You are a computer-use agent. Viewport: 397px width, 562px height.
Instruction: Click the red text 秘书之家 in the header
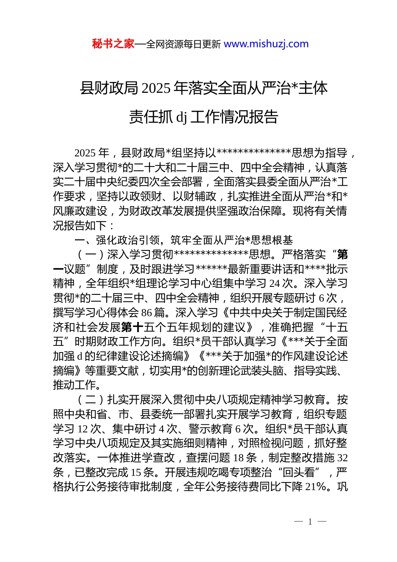click(113, 44)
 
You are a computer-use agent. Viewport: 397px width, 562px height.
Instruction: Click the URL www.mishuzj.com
click(266, 44)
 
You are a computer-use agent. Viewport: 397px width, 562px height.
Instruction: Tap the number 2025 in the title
click(156, 89)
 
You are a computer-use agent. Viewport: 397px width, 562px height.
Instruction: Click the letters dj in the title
click(181, 118)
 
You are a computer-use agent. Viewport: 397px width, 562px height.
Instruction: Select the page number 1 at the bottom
click(310, 521)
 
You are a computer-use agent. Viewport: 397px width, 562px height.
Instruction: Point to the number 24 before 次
click(275, 284)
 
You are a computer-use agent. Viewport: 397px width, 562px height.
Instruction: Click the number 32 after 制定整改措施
click(342, 458)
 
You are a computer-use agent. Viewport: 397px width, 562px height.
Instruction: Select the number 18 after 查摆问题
click(239, 458)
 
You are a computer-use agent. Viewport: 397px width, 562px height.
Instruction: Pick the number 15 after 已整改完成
click(136, 473)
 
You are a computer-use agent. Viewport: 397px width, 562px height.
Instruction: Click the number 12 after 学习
click(83, 429)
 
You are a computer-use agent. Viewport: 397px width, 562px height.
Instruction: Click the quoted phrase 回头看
click(298, 473)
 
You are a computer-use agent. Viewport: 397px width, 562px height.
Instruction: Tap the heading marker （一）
click(91, 255)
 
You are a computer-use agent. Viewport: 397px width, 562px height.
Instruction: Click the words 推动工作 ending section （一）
click(75, 385)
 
